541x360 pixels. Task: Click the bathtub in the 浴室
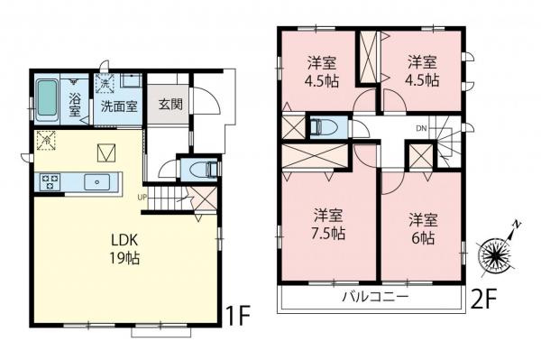pos(47,98)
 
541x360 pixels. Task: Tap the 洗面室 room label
pos(119,106)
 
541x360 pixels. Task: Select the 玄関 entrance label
pos(170,105)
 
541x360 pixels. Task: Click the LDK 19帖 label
pos(124,248)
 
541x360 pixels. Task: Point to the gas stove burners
pos(50,181)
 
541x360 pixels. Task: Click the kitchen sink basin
pos(97,181)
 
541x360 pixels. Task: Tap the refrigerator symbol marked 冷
pos(46,140)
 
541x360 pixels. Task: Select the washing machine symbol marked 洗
pos(105,84)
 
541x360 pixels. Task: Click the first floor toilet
pos(205,170)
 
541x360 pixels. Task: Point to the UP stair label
pos(142,198)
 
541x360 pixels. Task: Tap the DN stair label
pos(421,129)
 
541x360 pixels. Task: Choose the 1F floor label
pos(237,316)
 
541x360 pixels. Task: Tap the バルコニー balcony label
pos(375,297)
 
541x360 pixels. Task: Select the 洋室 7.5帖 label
pos(329,225)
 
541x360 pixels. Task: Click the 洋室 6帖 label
pos(424,228)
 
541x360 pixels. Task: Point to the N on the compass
pos(517,225)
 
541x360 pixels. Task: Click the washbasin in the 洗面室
pos(131,81)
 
